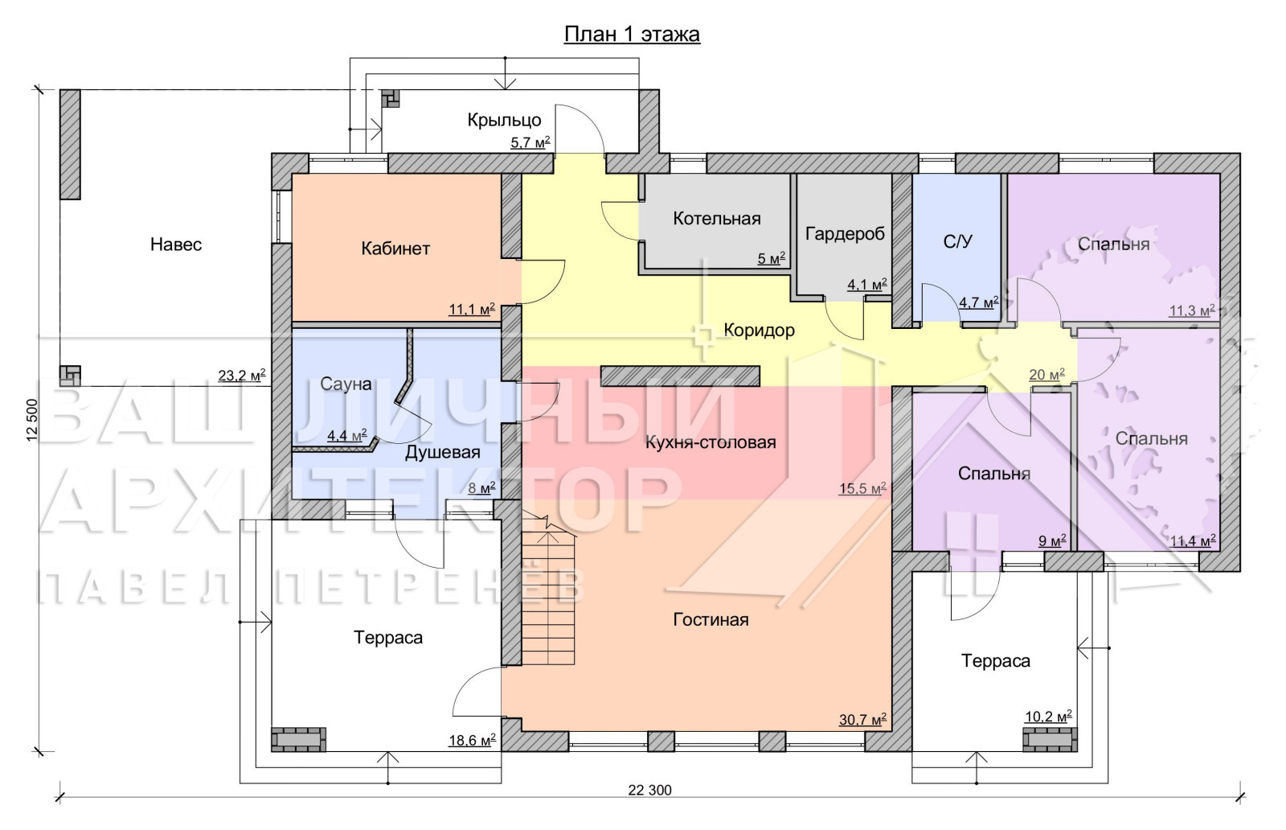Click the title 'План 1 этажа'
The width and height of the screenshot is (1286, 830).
click(632, 35)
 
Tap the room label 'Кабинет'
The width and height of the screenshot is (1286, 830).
click(395, 249)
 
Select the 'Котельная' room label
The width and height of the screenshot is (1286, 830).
click(717, 219)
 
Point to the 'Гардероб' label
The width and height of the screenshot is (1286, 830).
click(845, 234)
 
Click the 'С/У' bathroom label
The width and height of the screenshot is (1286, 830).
click(957, 242)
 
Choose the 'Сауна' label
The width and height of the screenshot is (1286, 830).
click(346, 384)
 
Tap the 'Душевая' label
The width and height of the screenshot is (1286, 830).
click(443, 453)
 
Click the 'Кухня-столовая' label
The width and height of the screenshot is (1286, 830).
click(711, 443)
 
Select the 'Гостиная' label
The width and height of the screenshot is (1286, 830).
click(711, 620)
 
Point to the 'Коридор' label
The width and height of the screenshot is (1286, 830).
click(759, 331)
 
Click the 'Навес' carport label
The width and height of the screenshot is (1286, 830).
click(176, 244)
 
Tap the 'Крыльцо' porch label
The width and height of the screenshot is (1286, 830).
click(504, 120)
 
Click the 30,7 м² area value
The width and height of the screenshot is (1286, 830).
click(862, 719)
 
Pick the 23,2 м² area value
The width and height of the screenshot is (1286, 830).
click(242, 376)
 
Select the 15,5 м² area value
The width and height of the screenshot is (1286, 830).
click(862, 488)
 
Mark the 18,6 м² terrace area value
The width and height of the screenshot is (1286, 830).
click(472, 741)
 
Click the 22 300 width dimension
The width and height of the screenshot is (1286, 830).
click(649, 791)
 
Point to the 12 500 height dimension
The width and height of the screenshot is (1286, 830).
click(31, 420)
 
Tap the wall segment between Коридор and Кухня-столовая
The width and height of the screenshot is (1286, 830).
click(680, 376)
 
